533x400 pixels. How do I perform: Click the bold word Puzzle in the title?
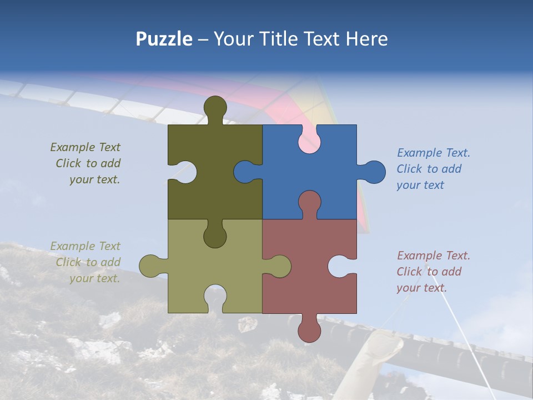(x=164, y=39)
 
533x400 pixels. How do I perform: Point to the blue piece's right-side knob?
(x=373, y=172)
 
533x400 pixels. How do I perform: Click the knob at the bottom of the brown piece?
(x=309, y=329)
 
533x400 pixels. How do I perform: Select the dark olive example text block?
(x=87, y=163)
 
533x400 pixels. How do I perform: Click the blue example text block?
(x=433, y=169)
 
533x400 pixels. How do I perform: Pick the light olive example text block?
(x=87, y=262)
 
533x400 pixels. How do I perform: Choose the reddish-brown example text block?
(x=433, y=272)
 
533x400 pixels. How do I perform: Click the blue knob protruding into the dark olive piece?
(x=246, y=172)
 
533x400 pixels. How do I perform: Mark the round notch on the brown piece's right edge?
(x=340, y=267)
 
